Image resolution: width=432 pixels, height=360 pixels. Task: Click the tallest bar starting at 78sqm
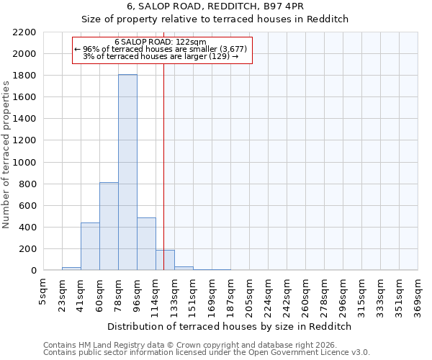pyautogui.click(x=127, y=173)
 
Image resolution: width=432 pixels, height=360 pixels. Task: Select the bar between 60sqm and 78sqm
pyautogui.click(x=109, y=226)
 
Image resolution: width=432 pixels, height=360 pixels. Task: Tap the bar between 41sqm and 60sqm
pyautogui.click(x=90, y=246)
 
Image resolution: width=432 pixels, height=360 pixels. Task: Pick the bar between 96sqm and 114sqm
pyautogui.click(x=146, y=244)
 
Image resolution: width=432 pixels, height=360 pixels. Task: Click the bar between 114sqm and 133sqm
pyautogui.click(x=165, y=260)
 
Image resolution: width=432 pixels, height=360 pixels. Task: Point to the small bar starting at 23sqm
pyautogui.click(x=71, y=269)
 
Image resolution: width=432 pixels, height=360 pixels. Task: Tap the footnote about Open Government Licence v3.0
pyautogui.click(x=207, y=352)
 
